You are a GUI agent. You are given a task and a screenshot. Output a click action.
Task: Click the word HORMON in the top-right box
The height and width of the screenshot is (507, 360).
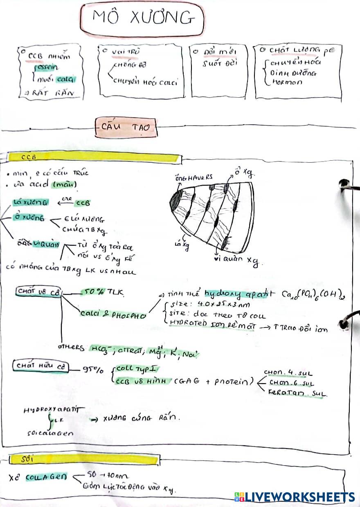(286, 82)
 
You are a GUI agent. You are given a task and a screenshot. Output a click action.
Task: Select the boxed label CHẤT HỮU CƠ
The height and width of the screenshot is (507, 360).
(40, 366)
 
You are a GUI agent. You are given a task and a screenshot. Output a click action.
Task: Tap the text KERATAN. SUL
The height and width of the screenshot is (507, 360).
(297, 393)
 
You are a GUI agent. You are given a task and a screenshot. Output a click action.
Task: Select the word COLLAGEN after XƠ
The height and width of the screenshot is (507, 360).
(46, 478)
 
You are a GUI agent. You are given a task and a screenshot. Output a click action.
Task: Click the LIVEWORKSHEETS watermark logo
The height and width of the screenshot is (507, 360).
(294, 497)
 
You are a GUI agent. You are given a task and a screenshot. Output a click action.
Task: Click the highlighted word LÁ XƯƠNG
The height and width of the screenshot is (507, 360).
(31, 202)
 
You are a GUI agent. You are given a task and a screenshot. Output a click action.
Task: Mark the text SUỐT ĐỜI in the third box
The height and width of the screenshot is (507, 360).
(219, 64)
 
